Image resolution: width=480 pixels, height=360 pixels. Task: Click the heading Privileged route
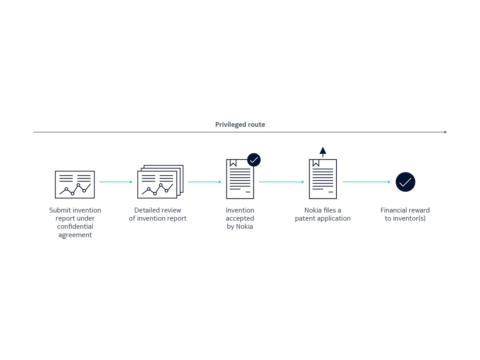coord(240,124)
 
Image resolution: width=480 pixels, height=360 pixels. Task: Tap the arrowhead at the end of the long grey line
coord(445,132)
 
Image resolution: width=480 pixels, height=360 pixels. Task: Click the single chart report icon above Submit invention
coord(75,185)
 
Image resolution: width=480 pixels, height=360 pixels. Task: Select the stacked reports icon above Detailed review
coord(160,181)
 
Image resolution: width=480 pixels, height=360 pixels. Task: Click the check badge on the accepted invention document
coord(253,160)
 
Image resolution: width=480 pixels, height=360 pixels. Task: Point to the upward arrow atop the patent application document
coord(323,152)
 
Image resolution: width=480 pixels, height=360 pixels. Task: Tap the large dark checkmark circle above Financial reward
coord(405,182)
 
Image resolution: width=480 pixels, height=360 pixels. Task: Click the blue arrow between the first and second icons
coord(116,182)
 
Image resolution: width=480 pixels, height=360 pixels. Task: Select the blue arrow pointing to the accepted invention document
coord(205,182)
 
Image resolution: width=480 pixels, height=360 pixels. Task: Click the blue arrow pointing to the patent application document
coord(282,182)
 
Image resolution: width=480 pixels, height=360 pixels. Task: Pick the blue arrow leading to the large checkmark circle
coord(366,182)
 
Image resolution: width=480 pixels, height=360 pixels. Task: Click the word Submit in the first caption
coord(60,210)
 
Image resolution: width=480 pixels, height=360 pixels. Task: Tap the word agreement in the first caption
coord(75,235)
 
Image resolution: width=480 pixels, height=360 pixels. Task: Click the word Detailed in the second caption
coord(145,210)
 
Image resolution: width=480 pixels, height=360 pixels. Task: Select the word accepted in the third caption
coord(240,219)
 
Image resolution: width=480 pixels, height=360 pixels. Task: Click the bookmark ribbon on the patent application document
coord(316,163)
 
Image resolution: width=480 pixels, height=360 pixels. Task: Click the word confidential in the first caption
coord(75,226)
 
